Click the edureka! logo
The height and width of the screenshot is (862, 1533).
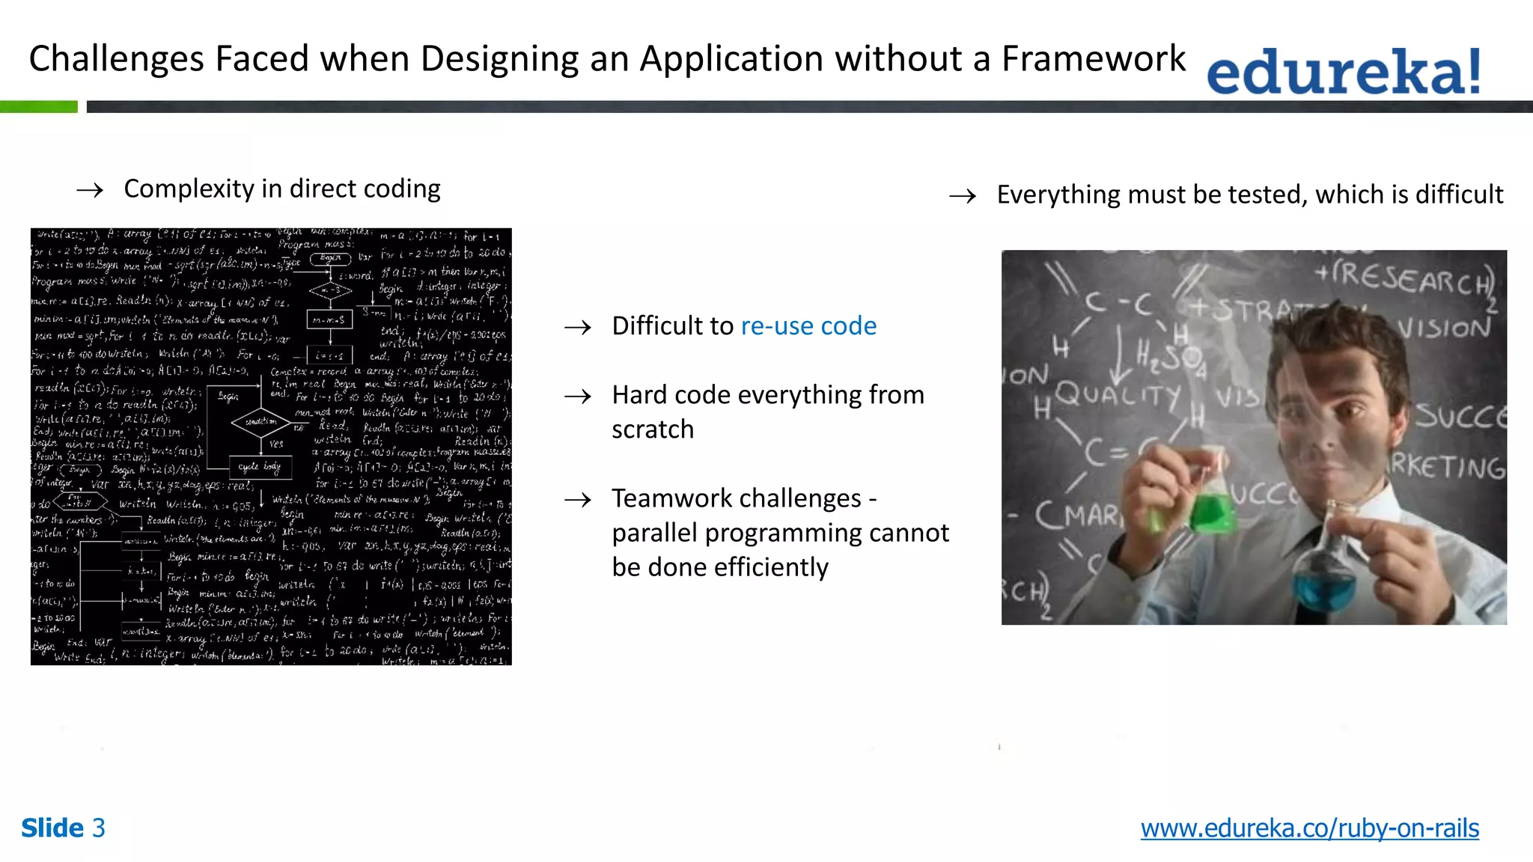pos(1344,71)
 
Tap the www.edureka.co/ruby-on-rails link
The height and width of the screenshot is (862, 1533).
pos(1309,828)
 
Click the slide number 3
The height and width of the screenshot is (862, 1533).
pos(99,828)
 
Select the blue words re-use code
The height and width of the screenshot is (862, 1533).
pos(808,326)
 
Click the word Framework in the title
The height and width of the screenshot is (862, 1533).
pos(1094,59)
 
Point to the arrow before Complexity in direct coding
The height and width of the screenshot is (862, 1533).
pos(90,191)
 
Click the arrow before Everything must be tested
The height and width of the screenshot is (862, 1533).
pos(963,197)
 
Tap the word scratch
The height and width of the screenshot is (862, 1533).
pos(653,430)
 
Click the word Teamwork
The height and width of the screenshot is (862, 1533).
pos(662,498)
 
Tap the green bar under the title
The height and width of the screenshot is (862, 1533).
pos(39,107)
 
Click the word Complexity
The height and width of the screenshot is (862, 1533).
pos(189,189)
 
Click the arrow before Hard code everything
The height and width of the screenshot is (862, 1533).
pos(578,397)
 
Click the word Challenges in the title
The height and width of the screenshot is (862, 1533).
pos(117,59)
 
